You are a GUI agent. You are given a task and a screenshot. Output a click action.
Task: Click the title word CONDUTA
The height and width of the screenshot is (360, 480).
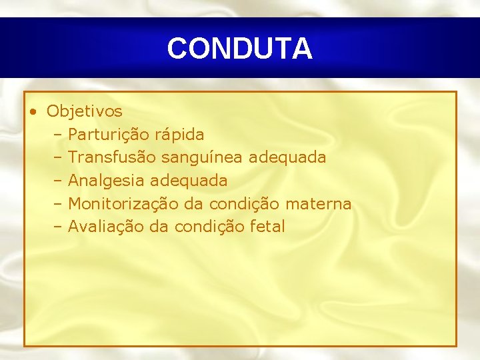coord(239,49)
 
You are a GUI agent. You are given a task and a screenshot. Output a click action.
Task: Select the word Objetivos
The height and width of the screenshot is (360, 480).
coord(84,111)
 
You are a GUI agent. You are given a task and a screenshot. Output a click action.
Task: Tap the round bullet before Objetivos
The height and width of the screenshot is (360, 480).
coord(33,111)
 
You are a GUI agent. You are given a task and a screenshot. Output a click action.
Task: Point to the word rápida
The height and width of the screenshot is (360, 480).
coord(179,135)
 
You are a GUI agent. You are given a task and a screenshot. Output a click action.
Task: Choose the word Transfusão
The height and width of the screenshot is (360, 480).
coord(112,157)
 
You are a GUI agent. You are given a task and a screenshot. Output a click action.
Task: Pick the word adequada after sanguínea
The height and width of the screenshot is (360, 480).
coord(287,157)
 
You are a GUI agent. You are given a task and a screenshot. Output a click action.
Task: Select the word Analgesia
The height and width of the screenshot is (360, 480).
coord(107,181)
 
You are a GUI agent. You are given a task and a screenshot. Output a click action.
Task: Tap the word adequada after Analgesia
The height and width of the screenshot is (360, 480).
coord(189,181)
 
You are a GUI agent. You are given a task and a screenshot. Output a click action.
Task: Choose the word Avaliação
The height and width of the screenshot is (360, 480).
coord(106,227)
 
